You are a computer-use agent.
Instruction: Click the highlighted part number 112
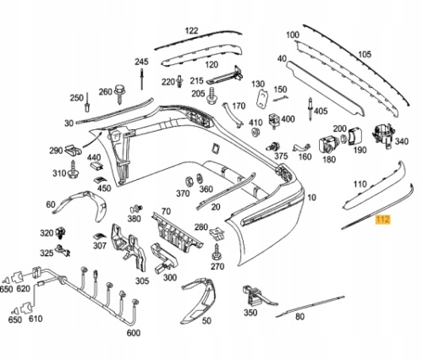click(x=382, y=219)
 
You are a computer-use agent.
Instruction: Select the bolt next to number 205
click(x=211, y=95)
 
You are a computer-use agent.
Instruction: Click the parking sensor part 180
click(x=328, y=145)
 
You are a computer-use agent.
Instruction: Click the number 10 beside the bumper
click(x=311, y=198)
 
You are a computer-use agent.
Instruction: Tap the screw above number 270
click(x=217, y=252)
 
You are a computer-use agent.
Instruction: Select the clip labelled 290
click(x=74, y=150)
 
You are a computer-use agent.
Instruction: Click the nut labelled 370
click(x=189, y=183)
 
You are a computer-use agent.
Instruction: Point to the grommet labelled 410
click(x=255, y=132)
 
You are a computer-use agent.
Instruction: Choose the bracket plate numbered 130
click(x=262, y=98)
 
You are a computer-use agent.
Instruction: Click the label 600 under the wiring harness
click(x=134, y=333)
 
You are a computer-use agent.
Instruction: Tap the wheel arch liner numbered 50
click(x=201, y=301)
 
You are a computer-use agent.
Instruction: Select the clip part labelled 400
click(x=274, y=120)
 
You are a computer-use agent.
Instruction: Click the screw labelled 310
click(x=74, y=169)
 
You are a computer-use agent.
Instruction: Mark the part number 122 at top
click(x=191, y=30)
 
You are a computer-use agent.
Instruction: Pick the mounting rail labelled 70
click(x=177, y=231)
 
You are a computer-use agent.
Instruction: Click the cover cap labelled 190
click(x=355, y=136)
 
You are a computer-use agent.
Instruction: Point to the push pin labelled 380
click(x=136, y=209)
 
